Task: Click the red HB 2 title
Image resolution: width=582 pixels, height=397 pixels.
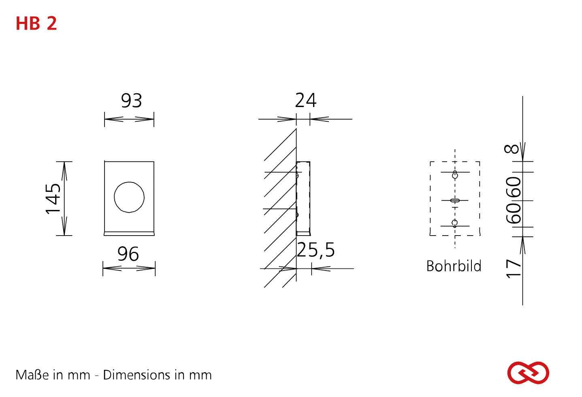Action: [x=36, y=24]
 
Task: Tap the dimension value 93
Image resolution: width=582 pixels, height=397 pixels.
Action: [x=132, y=101]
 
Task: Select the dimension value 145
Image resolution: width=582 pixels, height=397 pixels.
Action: [x=53, y=199]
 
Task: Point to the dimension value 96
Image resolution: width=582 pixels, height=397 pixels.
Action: [x=128, y=254]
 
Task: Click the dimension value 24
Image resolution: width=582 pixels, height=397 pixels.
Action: [x=306, y=100]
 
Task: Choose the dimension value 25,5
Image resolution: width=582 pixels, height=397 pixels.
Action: [x=316, y=250]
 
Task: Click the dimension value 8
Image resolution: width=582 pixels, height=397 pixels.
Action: [x=512, y=149]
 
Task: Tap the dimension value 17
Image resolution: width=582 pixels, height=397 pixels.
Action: [x=514, y=269]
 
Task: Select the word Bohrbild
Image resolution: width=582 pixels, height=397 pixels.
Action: [x=454, y=266]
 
